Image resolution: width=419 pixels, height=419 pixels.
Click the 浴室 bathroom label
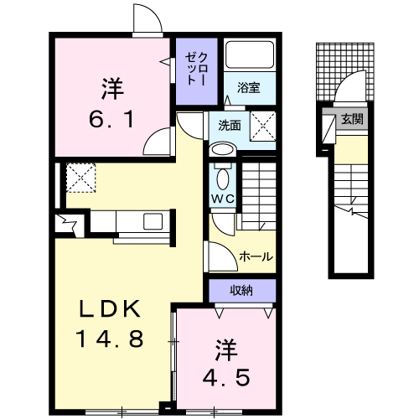249,88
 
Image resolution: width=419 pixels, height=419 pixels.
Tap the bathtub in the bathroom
250,54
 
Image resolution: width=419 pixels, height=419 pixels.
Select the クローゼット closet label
197,69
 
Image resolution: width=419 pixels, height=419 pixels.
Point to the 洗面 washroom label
230,126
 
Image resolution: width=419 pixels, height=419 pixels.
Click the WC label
223,199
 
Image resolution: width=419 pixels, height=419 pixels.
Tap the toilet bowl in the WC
223,178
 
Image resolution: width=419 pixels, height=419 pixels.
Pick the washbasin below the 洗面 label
223,149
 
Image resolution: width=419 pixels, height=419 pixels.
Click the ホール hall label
256,256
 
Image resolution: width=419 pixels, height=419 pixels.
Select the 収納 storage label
241,291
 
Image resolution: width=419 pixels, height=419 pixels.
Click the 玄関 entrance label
352,120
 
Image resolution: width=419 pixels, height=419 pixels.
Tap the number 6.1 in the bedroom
111,119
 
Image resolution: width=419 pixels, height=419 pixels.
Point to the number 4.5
226,377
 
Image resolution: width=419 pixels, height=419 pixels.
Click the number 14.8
110,339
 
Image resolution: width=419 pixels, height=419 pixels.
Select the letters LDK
110,308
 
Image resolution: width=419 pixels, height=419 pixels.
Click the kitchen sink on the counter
153,221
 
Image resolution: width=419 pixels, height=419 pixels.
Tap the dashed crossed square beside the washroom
263,126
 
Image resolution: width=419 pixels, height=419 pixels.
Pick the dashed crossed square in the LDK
81,178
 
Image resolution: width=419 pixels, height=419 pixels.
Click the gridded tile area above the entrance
345,72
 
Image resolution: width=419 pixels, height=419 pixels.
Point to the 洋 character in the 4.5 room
226,350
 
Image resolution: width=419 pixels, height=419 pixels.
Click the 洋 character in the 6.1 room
112,89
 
